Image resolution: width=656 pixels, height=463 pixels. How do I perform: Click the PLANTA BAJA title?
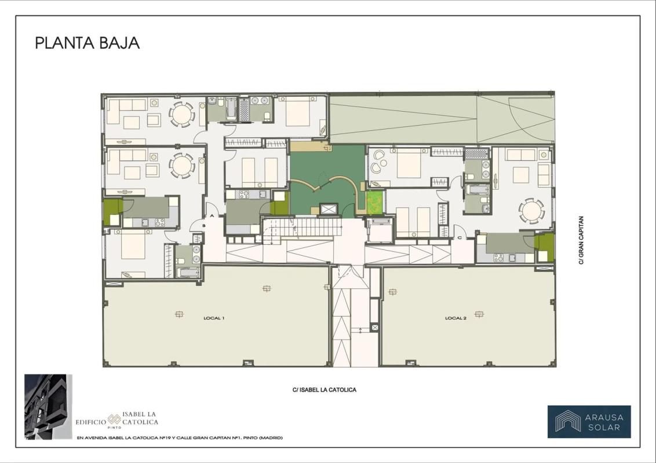click(x=87, y=43)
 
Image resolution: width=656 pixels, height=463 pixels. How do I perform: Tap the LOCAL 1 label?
click(x=214, y=318)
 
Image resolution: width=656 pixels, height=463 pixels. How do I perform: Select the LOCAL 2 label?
click(x=455, y=318)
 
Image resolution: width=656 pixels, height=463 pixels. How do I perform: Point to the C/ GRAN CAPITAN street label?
click(x=581, y=240)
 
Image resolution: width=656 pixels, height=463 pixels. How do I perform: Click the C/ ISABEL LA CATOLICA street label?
click(x=325, y=390)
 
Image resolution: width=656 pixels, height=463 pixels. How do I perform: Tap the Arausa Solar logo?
click(x=589, y=422)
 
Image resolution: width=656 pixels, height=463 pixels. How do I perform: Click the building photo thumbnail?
click(x=48, y=407)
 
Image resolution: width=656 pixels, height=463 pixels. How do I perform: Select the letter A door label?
click(x=212, y=216)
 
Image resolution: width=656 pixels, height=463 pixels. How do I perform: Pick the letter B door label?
click(x=204, y=226)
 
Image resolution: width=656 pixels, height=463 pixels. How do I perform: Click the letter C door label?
click(x=460, y=238)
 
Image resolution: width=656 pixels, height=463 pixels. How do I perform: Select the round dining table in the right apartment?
click(x=531, y=211)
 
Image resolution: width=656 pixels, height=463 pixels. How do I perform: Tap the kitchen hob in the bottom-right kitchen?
click(x=498, y=258)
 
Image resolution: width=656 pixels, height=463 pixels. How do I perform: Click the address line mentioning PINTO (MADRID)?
click(x=180, y=438)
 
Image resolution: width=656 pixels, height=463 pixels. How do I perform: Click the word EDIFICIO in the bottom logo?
click(x=91, y=422)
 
